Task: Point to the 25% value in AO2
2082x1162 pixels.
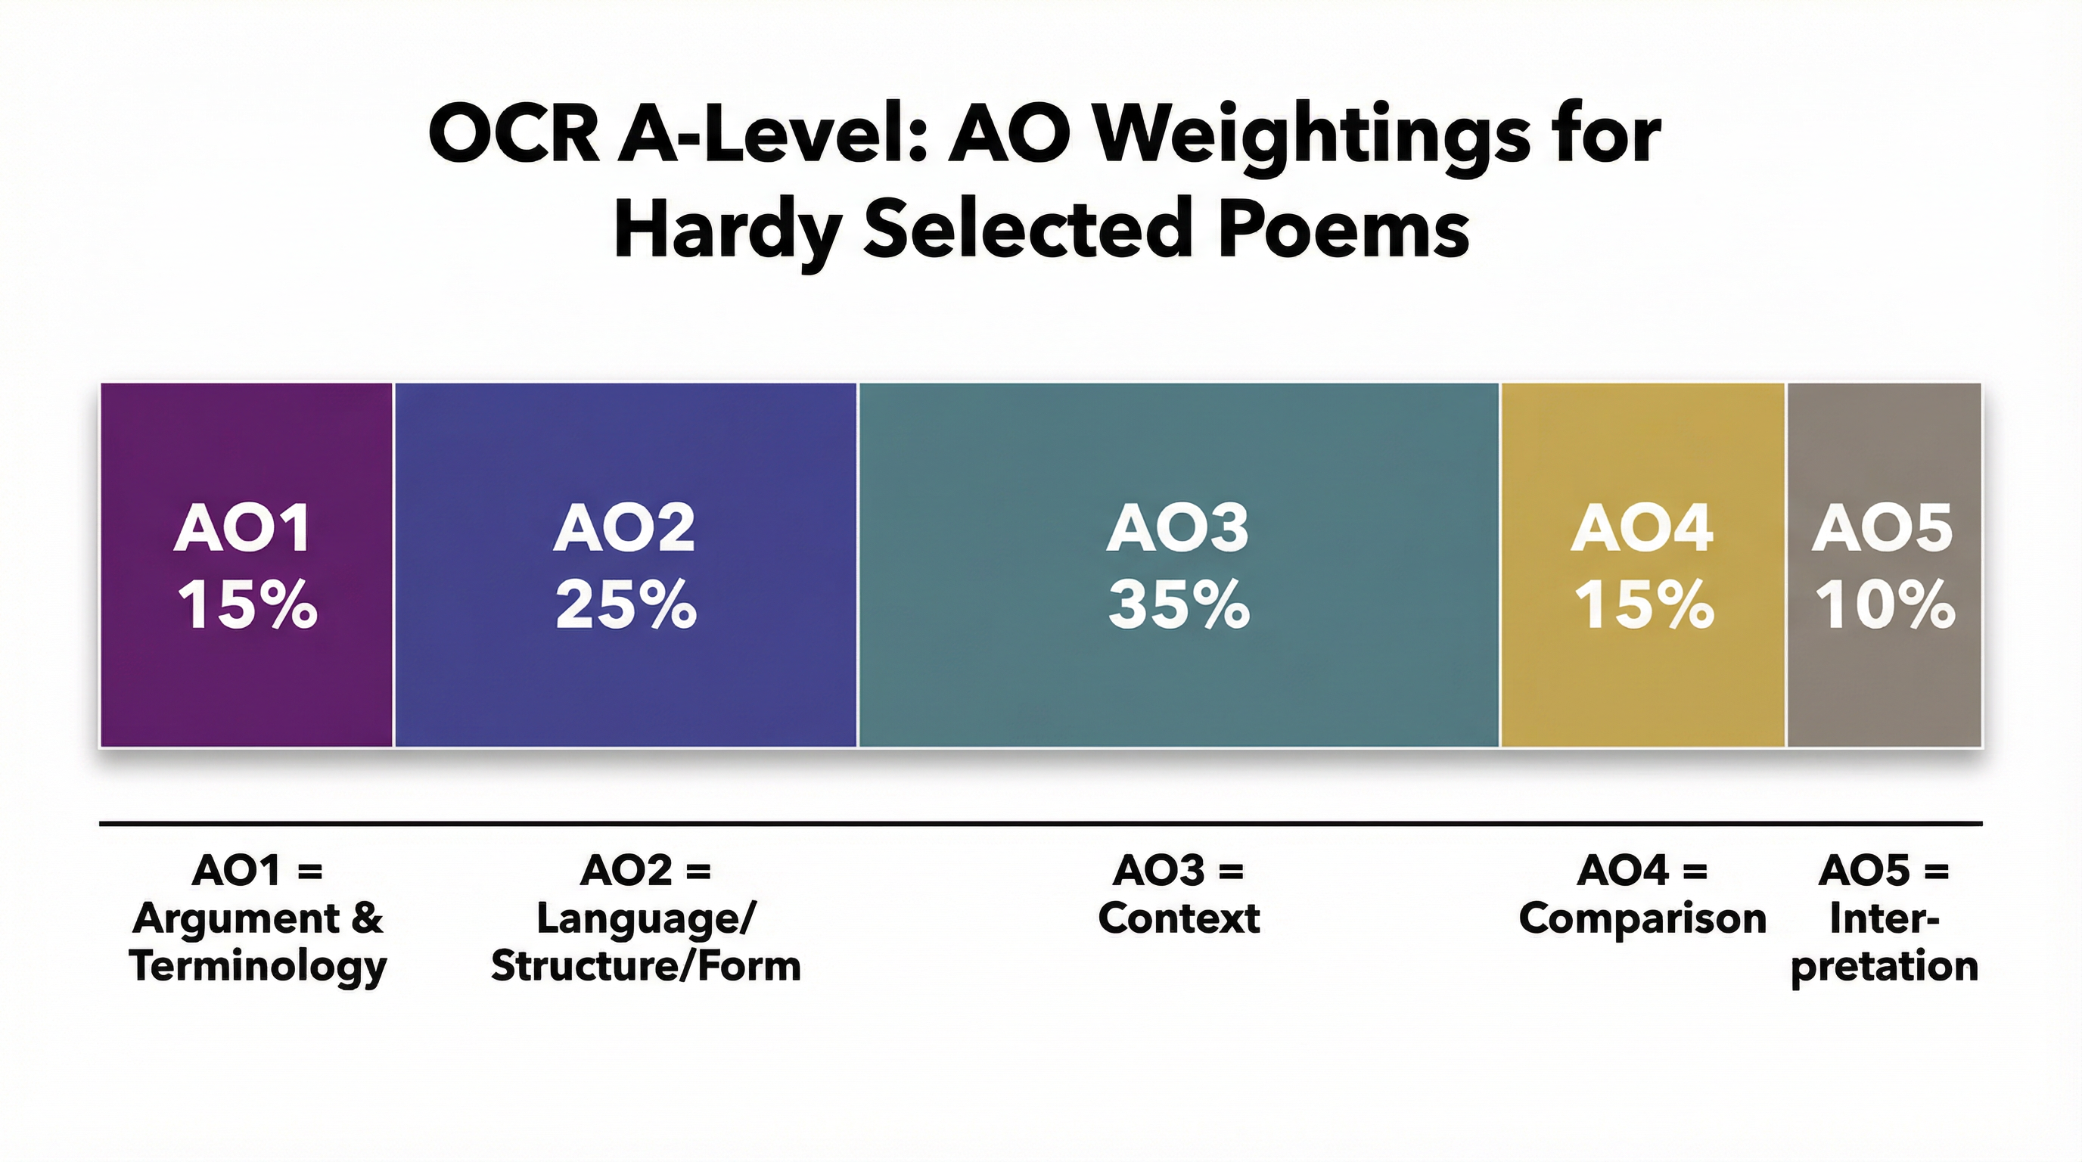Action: (x=626, y=604)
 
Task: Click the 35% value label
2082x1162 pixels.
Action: (x=1179, y=604)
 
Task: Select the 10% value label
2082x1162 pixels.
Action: (x=1885, y=604)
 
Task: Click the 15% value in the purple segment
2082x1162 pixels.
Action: (x=247, y=604)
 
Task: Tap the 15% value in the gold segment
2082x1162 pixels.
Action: (x=1643, y=604)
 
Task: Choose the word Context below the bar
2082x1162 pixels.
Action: (x=1179, y=918)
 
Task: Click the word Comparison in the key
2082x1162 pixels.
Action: (x=1642, y=918)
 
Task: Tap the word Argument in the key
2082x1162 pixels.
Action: (x=237, y=918)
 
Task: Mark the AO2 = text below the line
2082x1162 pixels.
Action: (x=645, y=871)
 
